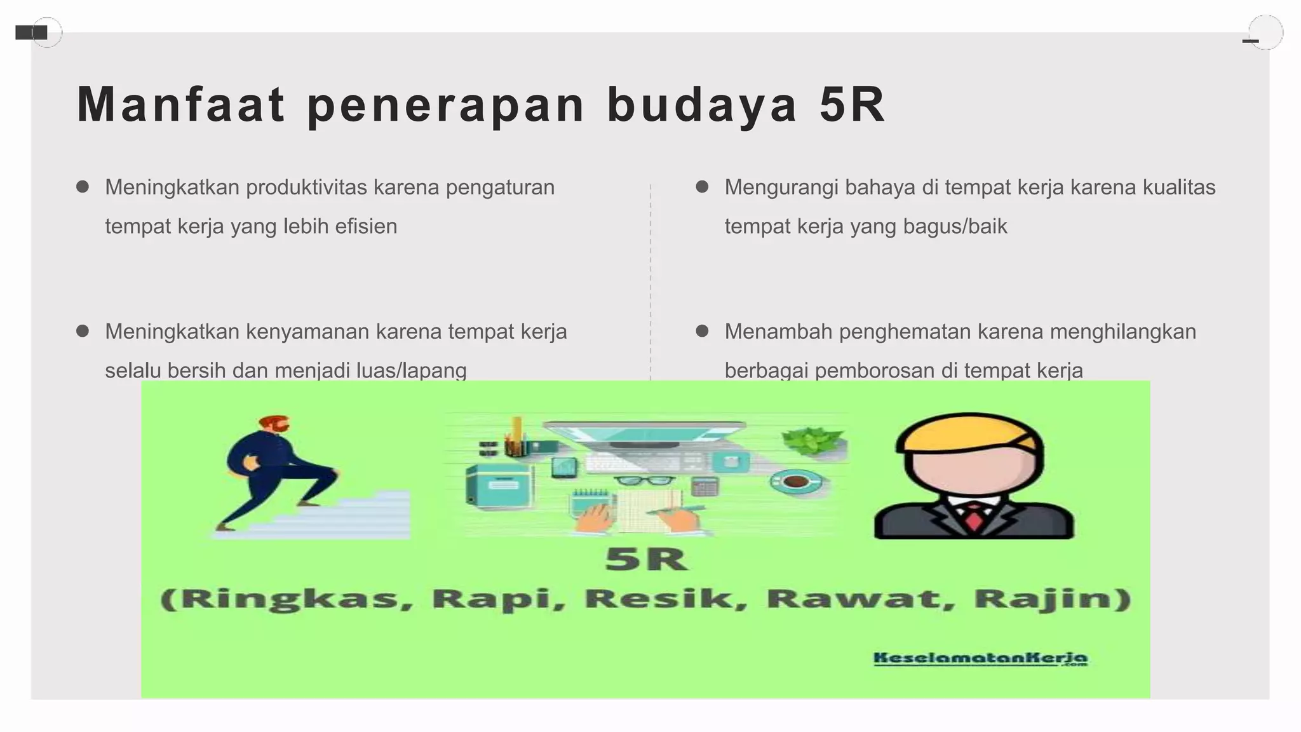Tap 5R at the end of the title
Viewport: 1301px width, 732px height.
[852, 105]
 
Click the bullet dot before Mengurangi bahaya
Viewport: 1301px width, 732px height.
[702, 187]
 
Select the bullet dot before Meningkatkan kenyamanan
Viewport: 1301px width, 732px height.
[82, 331]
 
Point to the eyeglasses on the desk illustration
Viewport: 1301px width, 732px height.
[645, 481]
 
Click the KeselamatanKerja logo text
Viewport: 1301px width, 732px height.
[980, 659]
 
